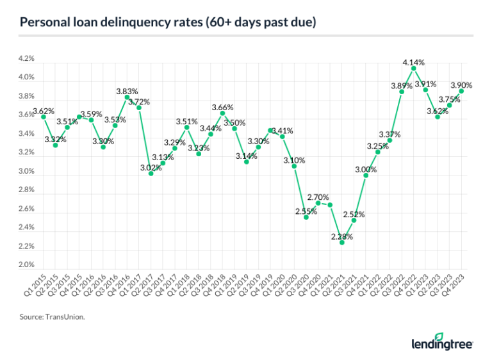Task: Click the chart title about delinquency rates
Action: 168,23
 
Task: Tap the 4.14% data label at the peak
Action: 413,62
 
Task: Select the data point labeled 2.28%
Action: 342,243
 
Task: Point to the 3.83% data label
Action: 127,92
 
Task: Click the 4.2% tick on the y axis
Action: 26,59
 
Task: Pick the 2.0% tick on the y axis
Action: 26,265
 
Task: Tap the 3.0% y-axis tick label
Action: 26,171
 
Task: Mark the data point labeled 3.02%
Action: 151,174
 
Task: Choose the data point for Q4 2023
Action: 461,91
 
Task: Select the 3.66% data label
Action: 222,107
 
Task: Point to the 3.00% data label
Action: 366,168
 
